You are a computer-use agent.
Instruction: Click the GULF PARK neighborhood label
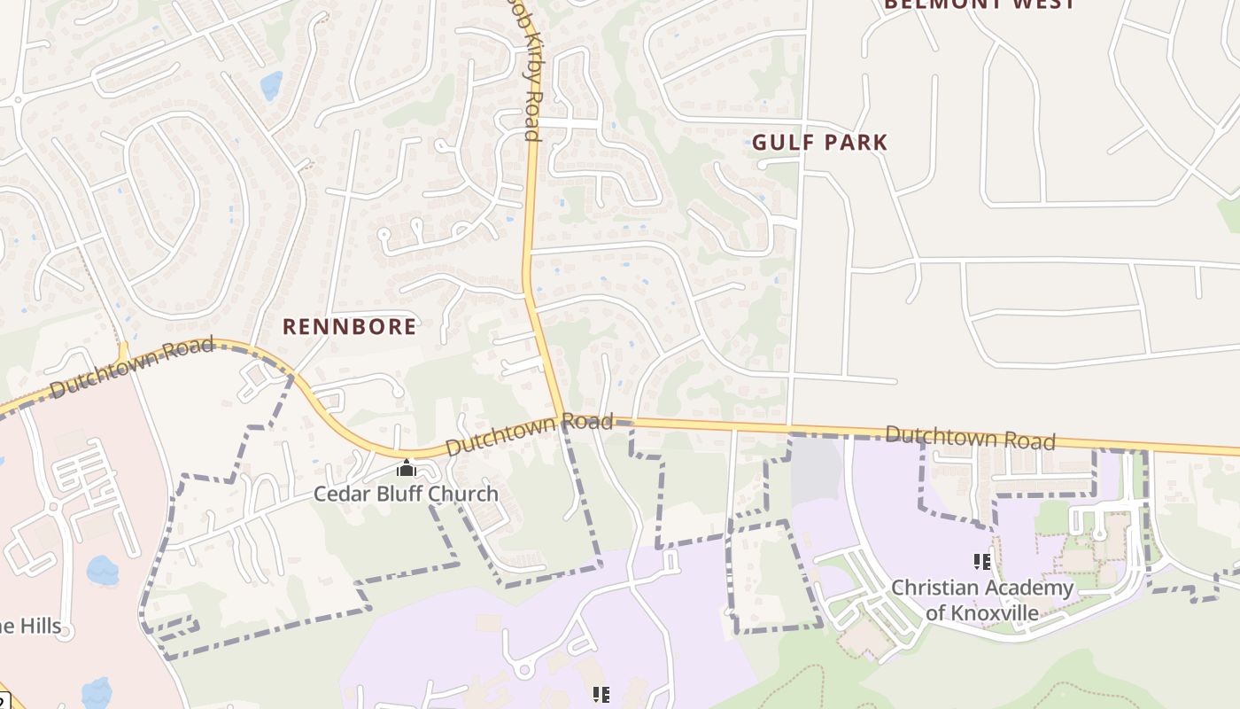tap(819, 142)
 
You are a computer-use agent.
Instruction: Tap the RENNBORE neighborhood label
tap(349, 326)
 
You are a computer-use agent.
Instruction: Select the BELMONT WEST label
tap(980, 4)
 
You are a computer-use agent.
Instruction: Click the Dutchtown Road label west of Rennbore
tap(132, 367)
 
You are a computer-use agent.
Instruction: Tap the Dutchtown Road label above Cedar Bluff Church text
tap(529, 433)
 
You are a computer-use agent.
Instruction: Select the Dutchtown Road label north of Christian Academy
tap(970, 437)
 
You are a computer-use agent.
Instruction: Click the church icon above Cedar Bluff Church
tap(407, 467)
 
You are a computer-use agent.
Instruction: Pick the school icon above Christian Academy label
tap(981, 561)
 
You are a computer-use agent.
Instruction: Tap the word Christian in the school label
tap(934, 588)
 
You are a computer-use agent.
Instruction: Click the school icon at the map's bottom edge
tap(601, 695)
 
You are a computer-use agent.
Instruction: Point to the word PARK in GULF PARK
tap(855, 142)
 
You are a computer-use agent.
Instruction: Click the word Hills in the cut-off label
tap(39, 627)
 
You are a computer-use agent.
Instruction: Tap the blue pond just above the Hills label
tap(102, 570)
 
